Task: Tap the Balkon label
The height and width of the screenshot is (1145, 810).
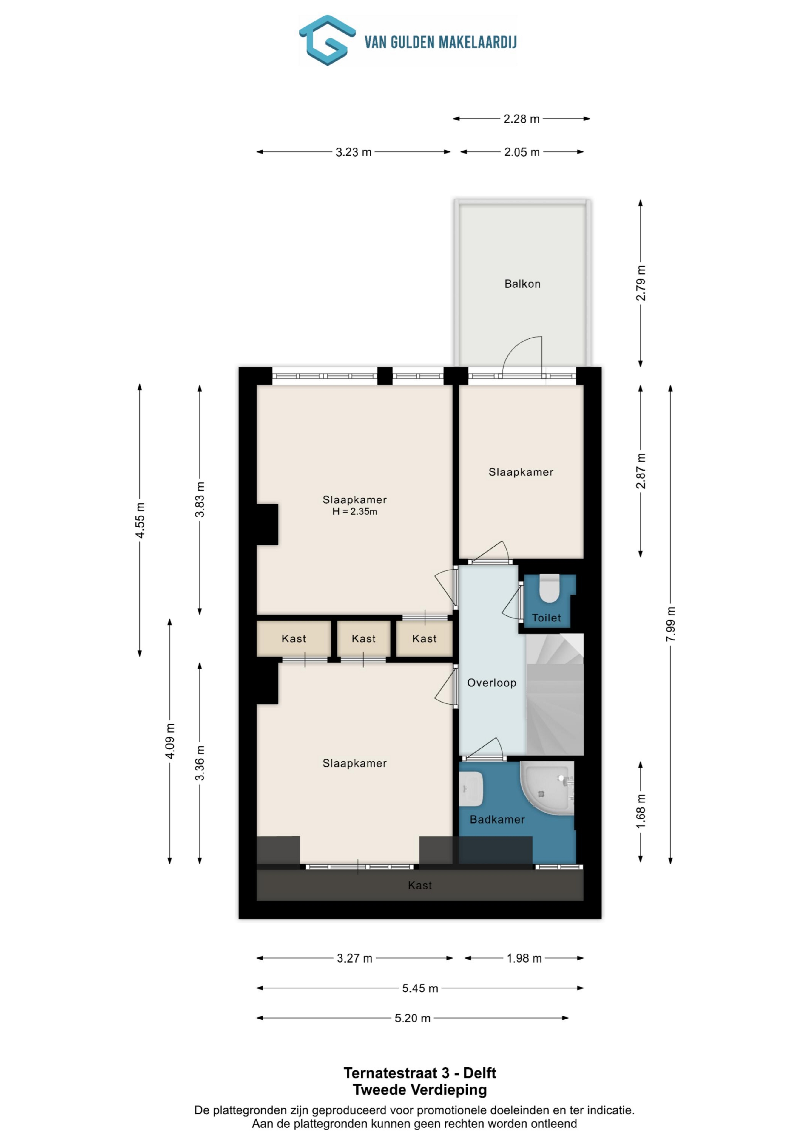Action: pyautogui.click(x=522, y=284)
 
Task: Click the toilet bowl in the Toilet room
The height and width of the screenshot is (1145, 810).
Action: pyautogui.click(x=550, y=589)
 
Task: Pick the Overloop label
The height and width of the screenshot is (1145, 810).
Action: pyautogui.click(x=492, y=683)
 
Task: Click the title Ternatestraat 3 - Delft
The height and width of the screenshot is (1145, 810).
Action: pyautogui.click(x=420, y=1073)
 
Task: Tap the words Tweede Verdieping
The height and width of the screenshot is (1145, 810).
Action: pyautogui.click(x=420, y=1090)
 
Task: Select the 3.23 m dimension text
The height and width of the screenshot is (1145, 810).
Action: pyautogui.click(x=353, y=152)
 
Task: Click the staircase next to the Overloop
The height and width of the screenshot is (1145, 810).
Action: pyautogui.click(x=555, y=694)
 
